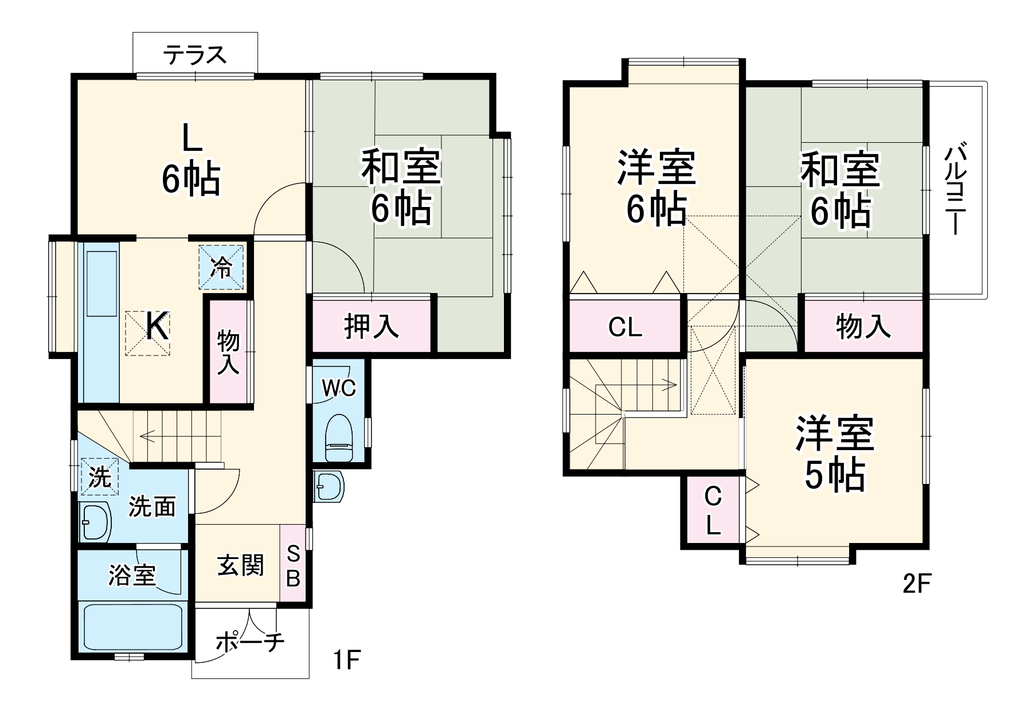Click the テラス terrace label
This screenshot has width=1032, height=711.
tap(195, 55)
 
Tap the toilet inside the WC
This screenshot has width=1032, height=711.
tap(339, 439)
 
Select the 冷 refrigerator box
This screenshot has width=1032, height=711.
tap(221, 267)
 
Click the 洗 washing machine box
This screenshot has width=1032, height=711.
tap(100, 476)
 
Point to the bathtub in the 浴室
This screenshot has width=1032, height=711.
tap(133, 628)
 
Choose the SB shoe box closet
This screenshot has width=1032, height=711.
tap(293, 565)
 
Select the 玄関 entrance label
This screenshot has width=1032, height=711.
tap(241, 565)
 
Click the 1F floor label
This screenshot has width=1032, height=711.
tap(347, 661)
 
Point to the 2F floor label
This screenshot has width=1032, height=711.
tap(916, 584)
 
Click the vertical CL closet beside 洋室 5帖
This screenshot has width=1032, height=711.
tap(713, 511)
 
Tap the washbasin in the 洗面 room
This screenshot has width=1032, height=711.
tap(95, 522)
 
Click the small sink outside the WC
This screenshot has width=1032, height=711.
tap(329, 487)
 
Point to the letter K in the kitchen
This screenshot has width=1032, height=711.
tap(157, 327)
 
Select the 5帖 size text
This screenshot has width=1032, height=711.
tap(834, 475)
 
